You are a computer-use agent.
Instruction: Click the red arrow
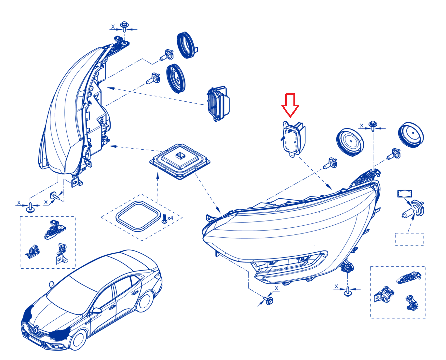[290, 105]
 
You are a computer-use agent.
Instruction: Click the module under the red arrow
[293, 139]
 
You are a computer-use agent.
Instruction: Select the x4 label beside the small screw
[170, 218]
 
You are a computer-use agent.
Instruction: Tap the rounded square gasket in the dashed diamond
[138, 216]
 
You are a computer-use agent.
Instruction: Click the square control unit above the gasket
[180, 161]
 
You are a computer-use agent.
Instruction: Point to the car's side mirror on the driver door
[97, 311]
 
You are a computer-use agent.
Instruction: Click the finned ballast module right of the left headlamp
[218, 104]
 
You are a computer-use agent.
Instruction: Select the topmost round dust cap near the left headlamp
[187, 45]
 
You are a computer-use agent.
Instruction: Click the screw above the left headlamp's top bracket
[124, 26]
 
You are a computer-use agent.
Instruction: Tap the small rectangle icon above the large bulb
[405, 193]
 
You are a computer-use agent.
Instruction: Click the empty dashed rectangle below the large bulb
[410, 239]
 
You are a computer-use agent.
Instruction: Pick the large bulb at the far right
[413, 209]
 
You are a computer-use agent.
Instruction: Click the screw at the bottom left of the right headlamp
[268, 300]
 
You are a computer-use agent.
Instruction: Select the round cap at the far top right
[411, 135]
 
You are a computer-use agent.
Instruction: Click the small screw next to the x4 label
[164, 219]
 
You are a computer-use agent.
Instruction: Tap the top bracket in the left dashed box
[55, 230]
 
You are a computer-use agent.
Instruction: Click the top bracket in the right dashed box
[409, 277]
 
